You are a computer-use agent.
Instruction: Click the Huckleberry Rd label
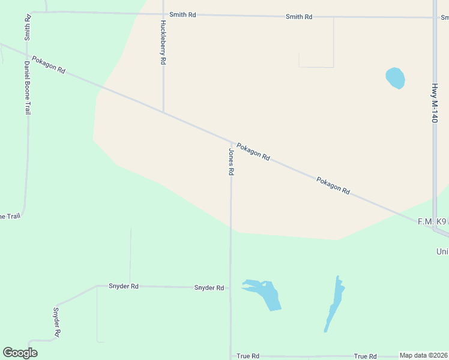[163, 43]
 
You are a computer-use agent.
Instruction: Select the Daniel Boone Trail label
[27, 87]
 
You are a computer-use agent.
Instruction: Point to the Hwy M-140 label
[434, 103]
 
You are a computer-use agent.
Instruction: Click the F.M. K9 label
[432, 221]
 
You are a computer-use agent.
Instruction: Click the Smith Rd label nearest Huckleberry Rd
[182, 14]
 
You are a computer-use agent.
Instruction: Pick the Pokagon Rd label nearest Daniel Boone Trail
[49, 65]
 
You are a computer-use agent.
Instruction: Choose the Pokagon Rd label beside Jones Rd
[253, 151]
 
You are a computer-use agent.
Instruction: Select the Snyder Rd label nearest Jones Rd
[209, 288]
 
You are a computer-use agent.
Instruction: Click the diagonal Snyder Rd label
[56, 322]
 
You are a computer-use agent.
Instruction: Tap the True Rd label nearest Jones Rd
[248, 356]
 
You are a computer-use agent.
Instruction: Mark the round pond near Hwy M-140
[395, 78]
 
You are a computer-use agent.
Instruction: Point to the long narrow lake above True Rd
[334, 304]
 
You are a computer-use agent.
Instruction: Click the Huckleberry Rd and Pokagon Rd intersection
[163, 112]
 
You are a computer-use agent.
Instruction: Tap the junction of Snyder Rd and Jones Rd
[231, 288]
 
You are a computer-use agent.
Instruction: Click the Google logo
[20, 353]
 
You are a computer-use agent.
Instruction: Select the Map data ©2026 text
[424, 356]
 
